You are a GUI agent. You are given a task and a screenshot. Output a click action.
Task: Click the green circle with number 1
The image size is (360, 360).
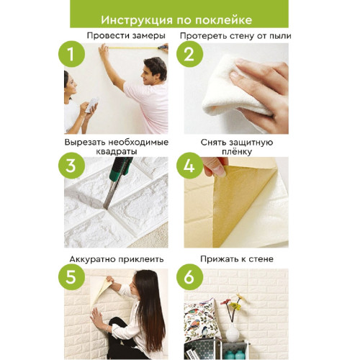(x=71, y=54)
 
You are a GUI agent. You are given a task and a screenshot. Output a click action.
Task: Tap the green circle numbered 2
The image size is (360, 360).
(x=189, y=54)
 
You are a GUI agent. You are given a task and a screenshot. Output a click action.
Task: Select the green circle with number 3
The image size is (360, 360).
(x=71, y=166)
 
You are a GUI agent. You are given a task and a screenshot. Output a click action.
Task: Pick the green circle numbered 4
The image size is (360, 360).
(x=189, y=166)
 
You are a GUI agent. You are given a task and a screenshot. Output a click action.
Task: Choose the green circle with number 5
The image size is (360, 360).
(x=71, y=276)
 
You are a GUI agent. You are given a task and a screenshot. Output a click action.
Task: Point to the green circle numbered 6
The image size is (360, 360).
(x=189, y=276)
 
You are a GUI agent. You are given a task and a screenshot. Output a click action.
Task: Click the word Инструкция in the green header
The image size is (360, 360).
(x=137, y=20)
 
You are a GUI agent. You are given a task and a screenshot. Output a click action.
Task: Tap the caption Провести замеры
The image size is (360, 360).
(x=126, y=36)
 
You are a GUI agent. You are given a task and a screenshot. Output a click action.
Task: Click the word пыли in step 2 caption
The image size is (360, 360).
(x=280, y=36)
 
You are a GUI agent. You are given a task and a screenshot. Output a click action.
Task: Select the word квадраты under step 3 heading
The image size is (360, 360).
(x=117, y=152)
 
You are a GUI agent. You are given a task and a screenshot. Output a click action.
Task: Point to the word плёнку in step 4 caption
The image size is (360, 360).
(x=237, y=152)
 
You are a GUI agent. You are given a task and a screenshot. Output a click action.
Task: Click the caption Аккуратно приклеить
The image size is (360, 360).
(x=117, y=259)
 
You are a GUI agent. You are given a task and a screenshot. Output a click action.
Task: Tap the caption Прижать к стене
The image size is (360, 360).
(x=237, y=259)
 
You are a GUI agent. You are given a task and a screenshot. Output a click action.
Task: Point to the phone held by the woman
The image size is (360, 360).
(x=92, y=105)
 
